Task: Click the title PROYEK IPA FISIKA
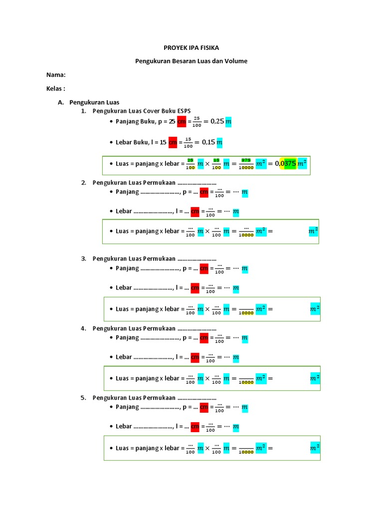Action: (191, 47)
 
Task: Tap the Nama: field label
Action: (56, 75)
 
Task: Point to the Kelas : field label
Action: (56, 88)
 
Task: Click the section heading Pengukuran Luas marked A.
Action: (94, 102)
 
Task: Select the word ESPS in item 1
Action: (183, 111)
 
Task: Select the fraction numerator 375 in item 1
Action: (246, 160)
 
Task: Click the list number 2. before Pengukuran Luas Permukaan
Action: (84, 182)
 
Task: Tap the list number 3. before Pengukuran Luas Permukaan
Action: (84, 258)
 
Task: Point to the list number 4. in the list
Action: (84, 328)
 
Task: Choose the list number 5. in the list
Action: (84, 398)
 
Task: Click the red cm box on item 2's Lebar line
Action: (195, 212)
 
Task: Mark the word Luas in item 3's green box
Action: (122, 309)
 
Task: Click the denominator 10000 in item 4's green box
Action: (246, 382)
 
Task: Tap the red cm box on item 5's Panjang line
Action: (204, 408)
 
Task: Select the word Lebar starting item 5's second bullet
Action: (124, 427)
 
